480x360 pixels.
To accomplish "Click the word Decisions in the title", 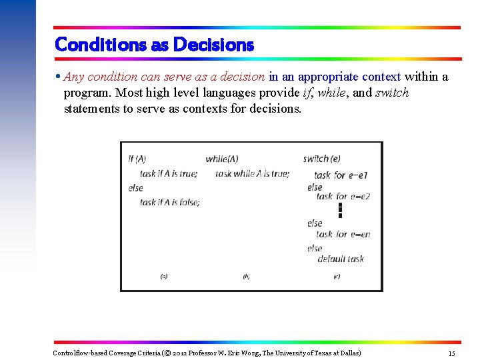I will pos(213,45).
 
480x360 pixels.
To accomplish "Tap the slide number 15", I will pos(451,353).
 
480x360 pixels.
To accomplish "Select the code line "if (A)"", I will pos(137,159).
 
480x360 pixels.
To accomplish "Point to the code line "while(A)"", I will pos(222,159).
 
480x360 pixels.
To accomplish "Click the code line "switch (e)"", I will pos(321,159).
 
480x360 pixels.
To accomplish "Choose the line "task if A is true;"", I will pos(169,173).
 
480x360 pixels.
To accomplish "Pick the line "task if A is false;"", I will pos(170,202).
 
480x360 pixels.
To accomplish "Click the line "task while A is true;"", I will pos(253,173).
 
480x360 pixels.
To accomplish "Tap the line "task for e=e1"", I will pos(341,175).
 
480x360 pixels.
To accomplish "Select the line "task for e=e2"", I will pos(343,196).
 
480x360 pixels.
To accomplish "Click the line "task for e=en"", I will pos(343,234).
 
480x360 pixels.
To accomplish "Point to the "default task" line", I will pos(341,259).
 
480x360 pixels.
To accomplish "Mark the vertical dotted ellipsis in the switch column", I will pos(339,210).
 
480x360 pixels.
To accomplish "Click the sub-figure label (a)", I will pos(164,276).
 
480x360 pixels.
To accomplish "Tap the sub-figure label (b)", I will pos(246,276).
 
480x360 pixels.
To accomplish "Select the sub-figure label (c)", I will pos(337,276).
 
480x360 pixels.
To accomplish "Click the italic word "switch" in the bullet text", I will pos(392,93).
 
